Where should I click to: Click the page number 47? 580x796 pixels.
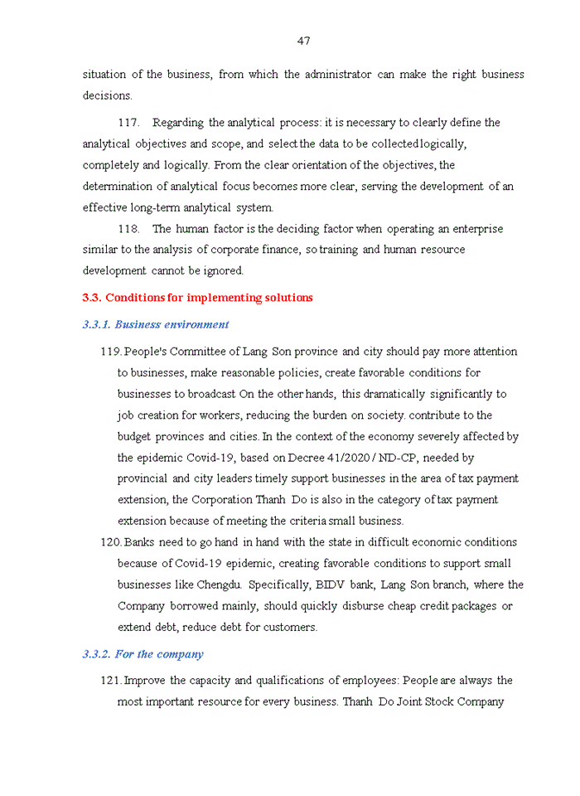point(303,41)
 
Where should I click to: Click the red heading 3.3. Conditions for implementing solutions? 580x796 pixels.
point(197,298)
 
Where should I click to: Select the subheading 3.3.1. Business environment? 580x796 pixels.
point(156,324)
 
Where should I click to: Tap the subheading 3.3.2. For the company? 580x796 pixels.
point(143,654)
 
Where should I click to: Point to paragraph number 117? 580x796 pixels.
point(128,123)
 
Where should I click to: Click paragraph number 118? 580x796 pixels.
point(128,229)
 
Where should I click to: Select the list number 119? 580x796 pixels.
point(110,352)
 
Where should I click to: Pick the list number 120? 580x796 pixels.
point(110,542)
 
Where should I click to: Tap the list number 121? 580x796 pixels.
point(110,681)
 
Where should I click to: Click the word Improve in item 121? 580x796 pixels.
point(144,681)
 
